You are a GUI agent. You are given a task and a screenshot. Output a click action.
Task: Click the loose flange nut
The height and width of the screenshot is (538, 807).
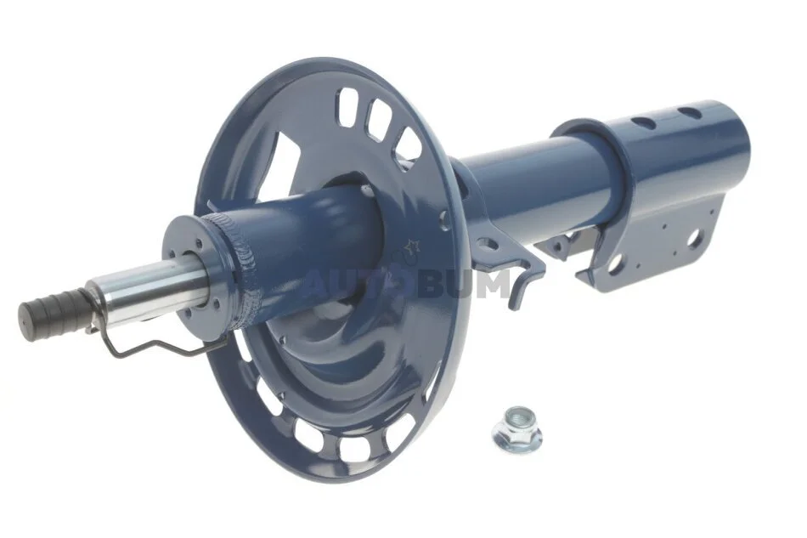click(516, 429)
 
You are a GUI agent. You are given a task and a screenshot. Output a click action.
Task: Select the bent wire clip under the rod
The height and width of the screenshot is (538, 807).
click(155, 340)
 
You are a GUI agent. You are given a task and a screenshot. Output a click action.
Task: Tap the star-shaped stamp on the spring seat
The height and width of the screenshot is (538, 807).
click(412, 247)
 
